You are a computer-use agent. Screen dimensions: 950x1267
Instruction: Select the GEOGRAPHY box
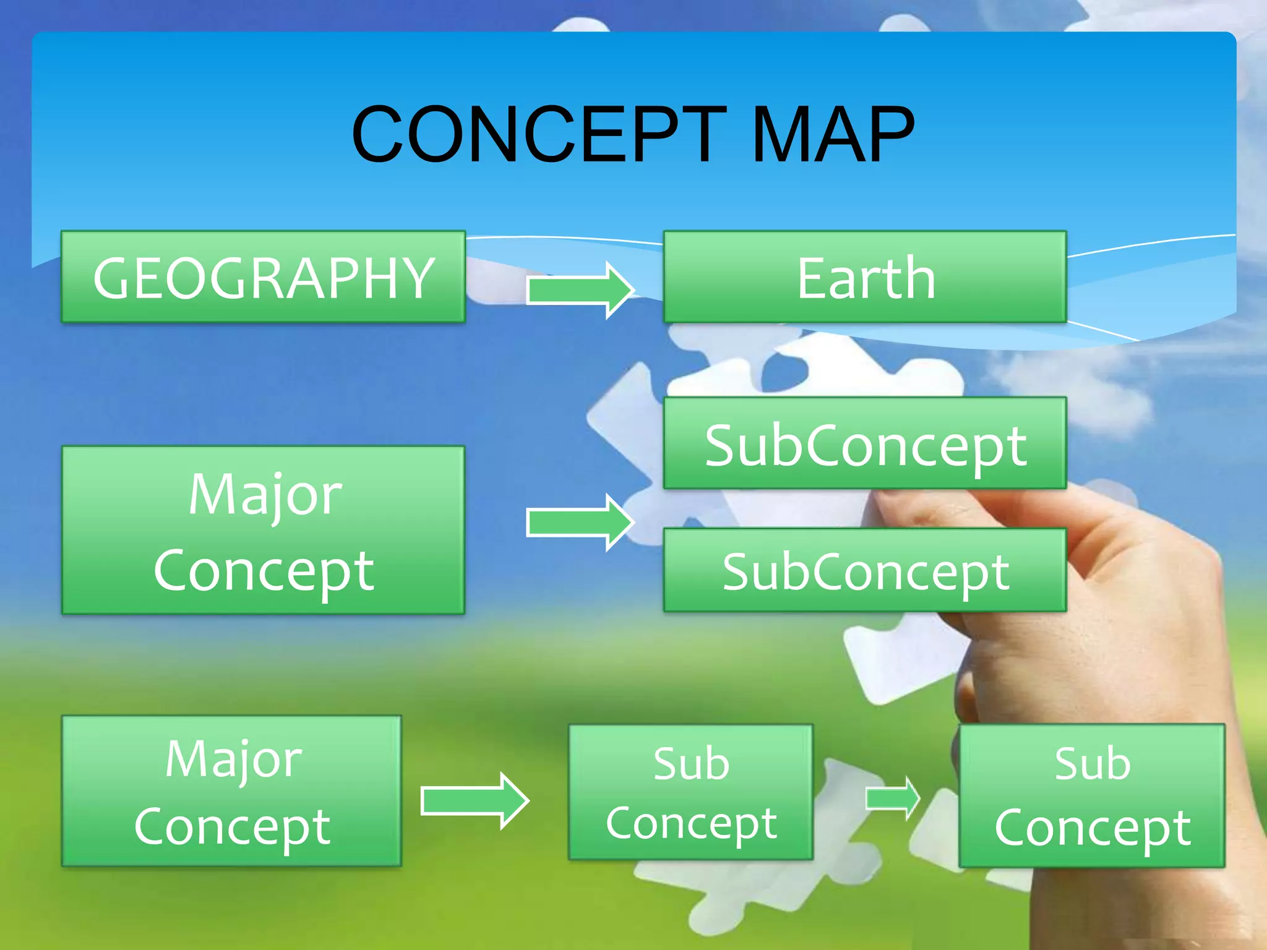pos(264,277)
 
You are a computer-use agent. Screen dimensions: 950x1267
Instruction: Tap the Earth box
pos(865,277)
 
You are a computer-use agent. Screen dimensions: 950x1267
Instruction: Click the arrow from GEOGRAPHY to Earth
pos(579,289)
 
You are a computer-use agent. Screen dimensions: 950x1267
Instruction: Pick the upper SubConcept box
pos(865,443)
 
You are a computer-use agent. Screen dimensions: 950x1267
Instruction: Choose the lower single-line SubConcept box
pos(865,570)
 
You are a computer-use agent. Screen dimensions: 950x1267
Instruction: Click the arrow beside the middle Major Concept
pos(579,523)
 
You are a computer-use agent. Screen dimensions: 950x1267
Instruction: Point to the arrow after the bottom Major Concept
pos(474,801)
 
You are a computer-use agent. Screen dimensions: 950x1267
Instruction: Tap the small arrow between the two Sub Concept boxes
pos(891,798)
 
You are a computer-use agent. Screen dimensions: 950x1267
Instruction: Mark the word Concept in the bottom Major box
pos(233,826)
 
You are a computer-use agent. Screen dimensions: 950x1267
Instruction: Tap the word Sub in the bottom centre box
pos(691,763)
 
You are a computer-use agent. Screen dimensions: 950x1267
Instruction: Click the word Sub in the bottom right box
pos(1093,763)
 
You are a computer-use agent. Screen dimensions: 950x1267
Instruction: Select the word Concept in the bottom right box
pos(1093,828)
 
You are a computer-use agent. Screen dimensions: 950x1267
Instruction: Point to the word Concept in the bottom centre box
pos(691,824)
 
